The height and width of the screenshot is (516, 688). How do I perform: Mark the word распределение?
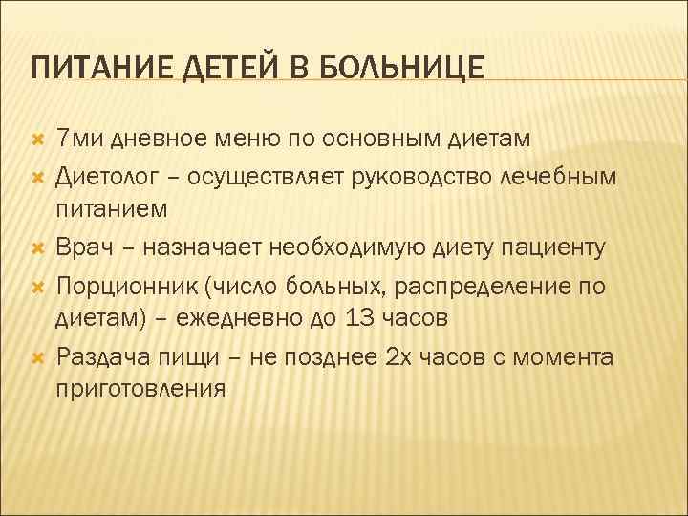coord(471,285)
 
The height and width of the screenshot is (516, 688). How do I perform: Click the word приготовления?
coord(141,390)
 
